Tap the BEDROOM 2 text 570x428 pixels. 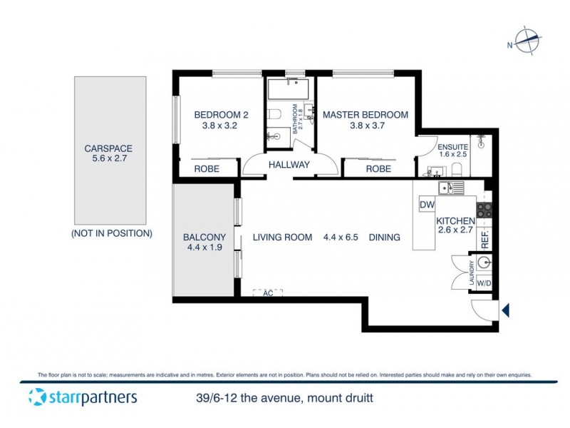221,115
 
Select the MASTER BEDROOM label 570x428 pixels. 366,115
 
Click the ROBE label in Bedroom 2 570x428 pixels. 207,169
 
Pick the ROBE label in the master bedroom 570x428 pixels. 378,169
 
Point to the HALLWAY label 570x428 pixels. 289,165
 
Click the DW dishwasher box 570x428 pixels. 427,205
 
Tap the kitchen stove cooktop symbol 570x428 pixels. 484,210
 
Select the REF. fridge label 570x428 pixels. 484,238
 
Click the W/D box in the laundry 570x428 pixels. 484,283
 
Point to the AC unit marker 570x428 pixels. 268,292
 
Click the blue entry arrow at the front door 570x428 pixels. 506,310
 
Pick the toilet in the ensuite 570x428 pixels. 459,169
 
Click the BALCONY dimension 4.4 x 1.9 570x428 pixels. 204,248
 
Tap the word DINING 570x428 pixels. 384,238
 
